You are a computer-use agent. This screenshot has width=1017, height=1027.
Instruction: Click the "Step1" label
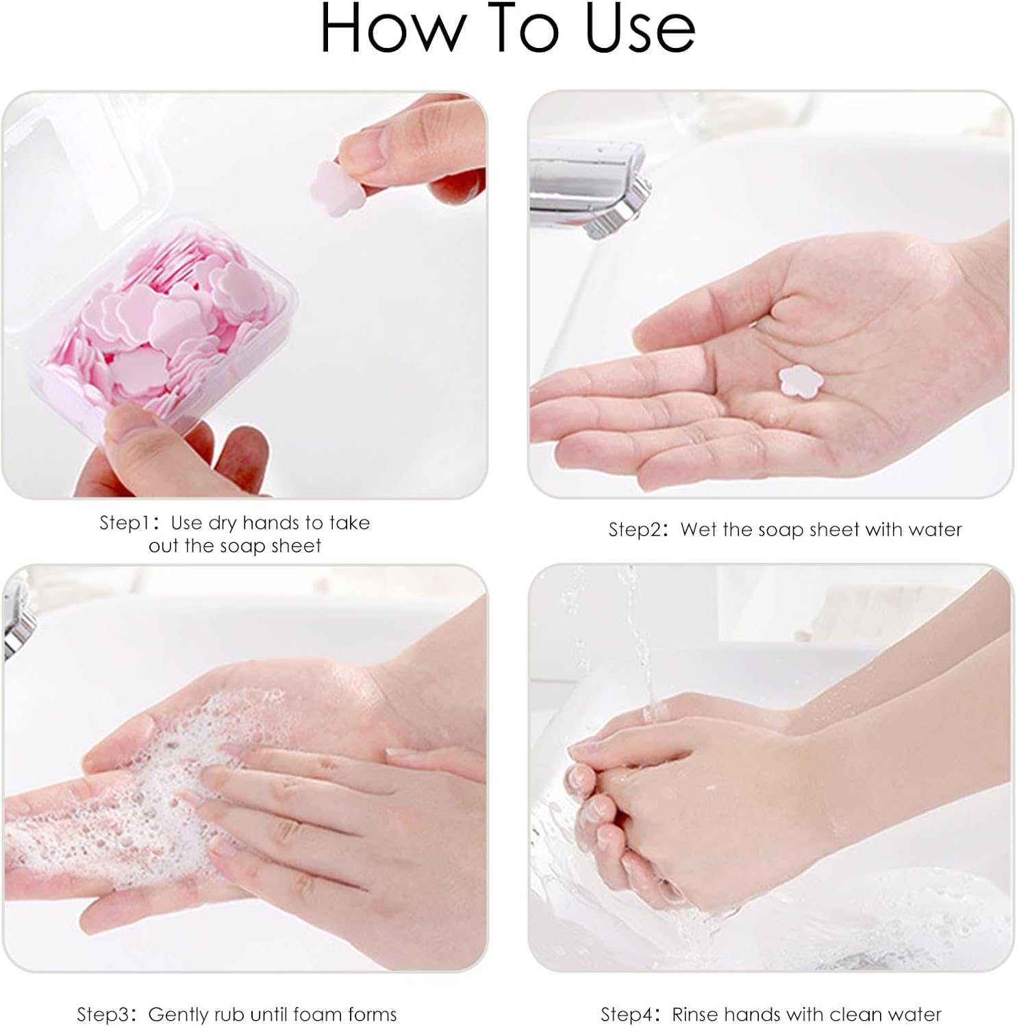tap(125, 523)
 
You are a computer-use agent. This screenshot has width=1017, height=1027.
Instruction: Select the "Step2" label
tap(634, 529)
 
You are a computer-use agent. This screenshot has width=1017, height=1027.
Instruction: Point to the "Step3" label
tap(102, 1014)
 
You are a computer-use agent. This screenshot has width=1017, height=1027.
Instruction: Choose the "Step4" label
tap(626, 1014)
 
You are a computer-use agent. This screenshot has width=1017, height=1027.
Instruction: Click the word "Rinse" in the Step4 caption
tap(694, 1014)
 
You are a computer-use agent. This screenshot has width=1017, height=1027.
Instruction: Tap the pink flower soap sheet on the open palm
tap(796, 381)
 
